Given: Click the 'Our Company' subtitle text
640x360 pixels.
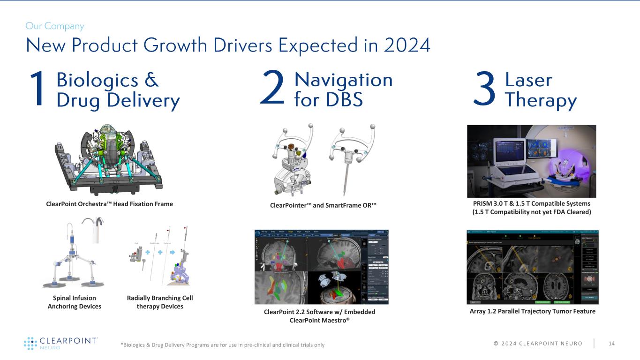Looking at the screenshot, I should coord(55,26).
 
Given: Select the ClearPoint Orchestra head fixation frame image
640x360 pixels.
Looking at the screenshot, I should coord(109,159).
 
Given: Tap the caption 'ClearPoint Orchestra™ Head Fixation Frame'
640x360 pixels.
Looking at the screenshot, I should coord(109,204).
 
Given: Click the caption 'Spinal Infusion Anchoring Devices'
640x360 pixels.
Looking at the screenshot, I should coord(75,302).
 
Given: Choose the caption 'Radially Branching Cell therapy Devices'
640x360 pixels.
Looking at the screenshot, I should coord(159,302).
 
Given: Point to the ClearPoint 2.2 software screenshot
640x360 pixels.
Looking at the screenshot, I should coord(321,267).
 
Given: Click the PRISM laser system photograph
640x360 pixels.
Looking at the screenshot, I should coord(531,161).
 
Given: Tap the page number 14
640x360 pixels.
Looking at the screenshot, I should coord(611,344).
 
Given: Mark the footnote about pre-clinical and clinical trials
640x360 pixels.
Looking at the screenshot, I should coord(222,345).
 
